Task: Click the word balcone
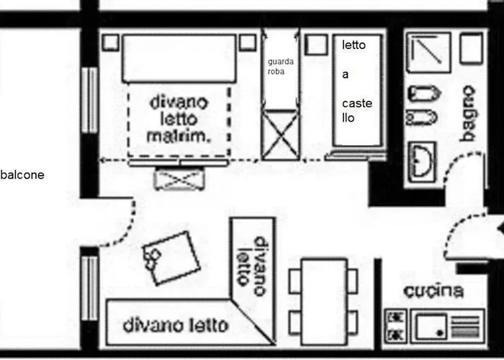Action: (x=23, y=175)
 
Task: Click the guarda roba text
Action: (x=279, y=67)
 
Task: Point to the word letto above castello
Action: (x=354, y=45)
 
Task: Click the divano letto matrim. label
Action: (x=179, y=119)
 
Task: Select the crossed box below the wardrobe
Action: (x=279, y=135)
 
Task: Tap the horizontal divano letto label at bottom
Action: (x=175, y=325)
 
